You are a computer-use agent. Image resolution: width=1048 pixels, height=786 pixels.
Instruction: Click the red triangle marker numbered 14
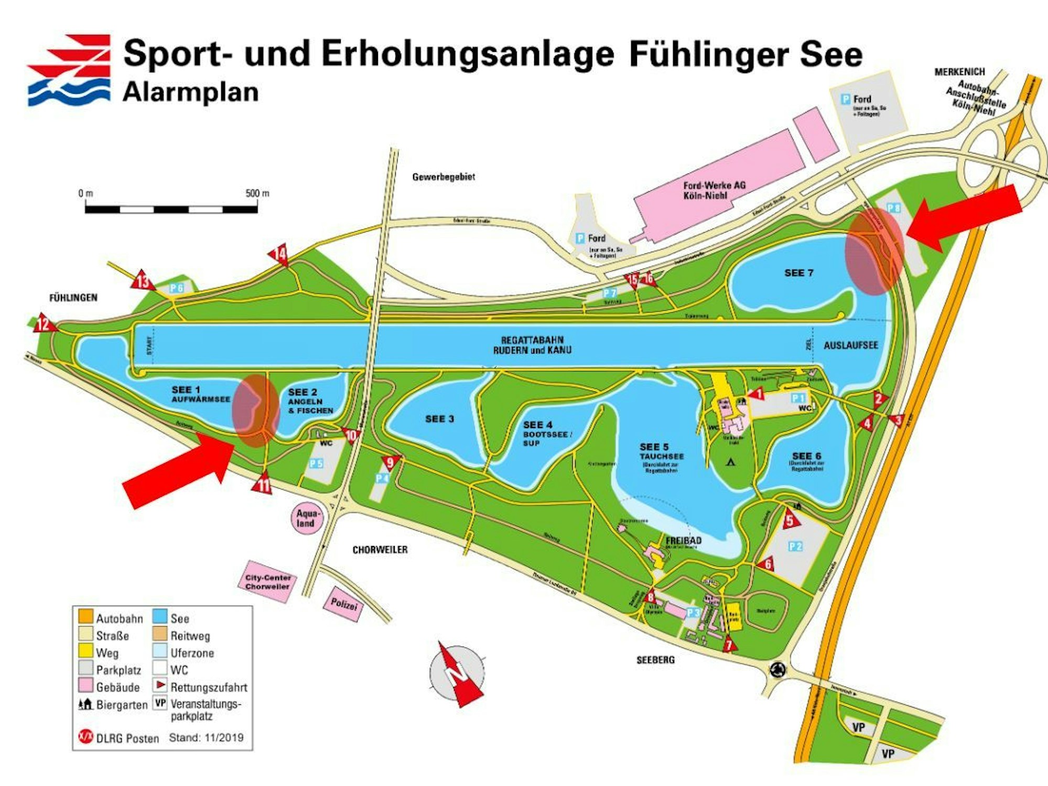(280, 254)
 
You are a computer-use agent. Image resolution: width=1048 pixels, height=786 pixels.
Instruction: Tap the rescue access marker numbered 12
(44, 324)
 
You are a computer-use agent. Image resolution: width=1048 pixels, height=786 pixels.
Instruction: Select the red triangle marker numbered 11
(263, 485)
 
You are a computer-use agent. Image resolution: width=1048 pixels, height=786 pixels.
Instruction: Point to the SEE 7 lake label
(798, 273)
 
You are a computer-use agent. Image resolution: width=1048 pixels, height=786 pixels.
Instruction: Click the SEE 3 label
(439, 419)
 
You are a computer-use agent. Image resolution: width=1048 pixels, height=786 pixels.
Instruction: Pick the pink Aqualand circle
(306, 518)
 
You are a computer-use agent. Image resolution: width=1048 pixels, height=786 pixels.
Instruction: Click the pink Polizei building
(344, 604)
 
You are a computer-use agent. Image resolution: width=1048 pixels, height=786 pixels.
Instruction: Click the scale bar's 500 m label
(257, 193)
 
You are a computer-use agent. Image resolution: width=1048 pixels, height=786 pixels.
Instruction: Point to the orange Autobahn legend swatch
(85, 616)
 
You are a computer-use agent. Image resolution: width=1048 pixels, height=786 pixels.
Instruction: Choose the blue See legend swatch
(160, 616)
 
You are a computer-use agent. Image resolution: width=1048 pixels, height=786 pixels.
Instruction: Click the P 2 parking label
(795, 547)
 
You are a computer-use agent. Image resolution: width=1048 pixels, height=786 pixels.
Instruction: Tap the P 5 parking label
(316, 463)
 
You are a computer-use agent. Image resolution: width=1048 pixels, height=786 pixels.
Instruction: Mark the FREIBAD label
(683, 540)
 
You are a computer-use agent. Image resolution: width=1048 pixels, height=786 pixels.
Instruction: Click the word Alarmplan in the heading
(190, 92)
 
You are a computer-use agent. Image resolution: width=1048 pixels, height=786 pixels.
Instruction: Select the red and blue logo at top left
(69, 70)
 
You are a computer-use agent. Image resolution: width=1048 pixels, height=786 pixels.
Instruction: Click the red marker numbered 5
(790, 520)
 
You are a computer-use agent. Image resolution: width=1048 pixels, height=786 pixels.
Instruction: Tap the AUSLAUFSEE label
(850, 345)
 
